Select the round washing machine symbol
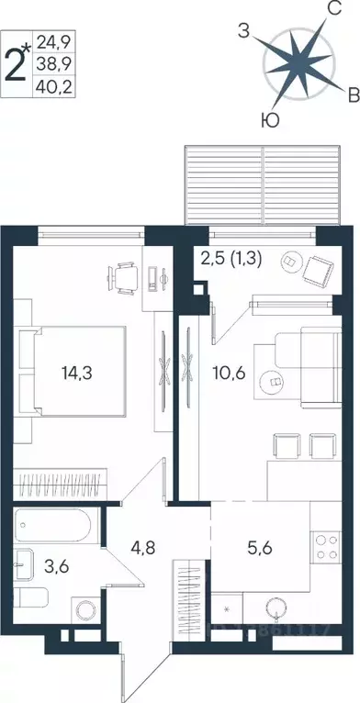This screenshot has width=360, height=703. [x=86, y=609]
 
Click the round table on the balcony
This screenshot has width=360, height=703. [x=289, y=261]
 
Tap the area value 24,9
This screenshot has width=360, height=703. [x=53, y=42]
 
